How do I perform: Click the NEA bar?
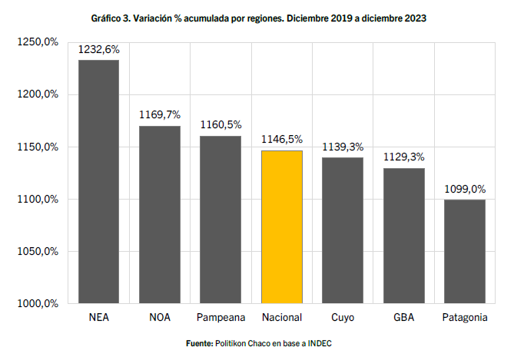tap(98, 181)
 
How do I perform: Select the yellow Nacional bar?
tap(282, 226)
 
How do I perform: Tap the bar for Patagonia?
tap(465, 251)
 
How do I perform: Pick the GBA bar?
tap(404, 236)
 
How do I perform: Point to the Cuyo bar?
tap(343, 230)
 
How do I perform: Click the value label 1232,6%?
tap(98, 50)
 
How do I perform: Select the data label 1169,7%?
tap(159, 115)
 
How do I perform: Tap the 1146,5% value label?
tap(282, 140)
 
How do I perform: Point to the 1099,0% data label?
tap(465, 189)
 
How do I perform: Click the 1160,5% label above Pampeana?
tap(221, 125)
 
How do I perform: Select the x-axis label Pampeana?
tap(221, 317)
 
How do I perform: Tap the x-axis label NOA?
tap(159, 317)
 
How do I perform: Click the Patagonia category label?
tap(465, 317)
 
